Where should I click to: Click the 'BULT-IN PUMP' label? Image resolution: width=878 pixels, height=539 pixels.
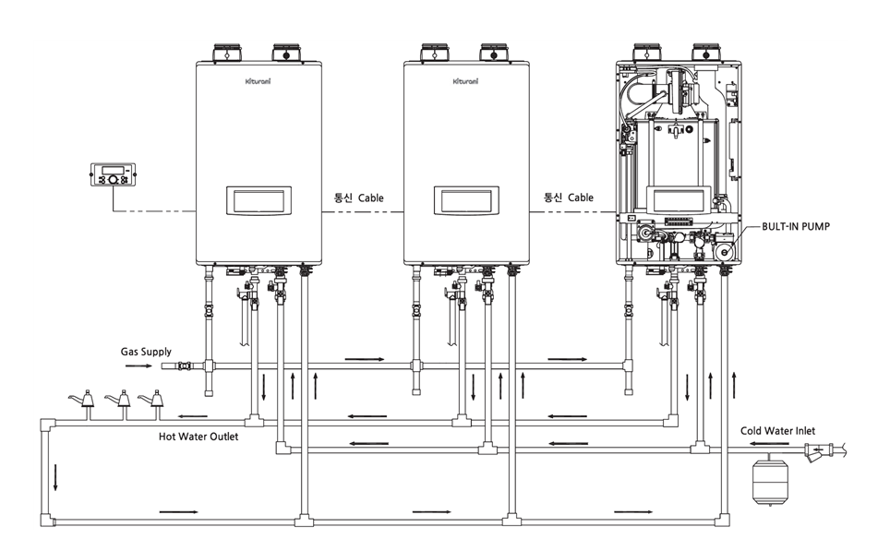coord(796,227)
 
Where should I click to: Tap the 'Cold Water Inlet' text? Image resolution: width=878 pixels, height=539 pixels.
coord(777,430)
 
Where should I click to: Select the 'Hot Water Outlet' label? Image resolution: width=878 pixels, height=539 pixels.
coord(198,436)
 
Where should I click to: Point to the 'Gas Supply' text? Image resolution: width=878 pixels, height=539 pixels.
coord(146,352)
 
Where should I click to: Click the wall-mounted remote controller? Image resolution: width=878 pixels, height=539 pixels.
coord(114,174)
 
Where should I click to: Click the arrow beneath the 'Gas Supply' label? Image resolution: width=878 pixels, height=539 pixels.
coord(138,366)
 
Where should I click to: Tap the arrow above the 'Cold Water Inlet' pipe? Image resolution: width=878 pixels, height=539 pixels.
coord(770,444)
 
